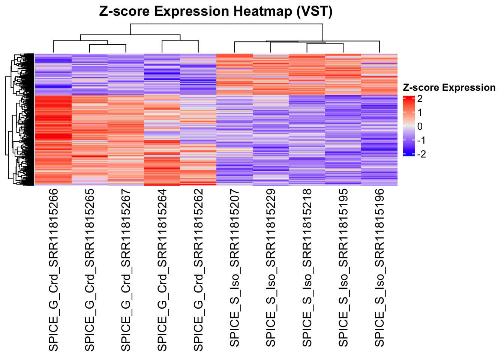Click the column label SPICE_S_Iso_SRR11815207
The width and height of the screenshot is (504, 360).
click(235, 268)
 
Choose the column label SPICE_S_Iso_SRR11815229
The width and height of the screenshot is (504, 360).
click(271, 268)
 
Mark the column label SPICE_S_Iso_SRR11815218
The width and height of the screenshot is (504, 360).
click(307, 268)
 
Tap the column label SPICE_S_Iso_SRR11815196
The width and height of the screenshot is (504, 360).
click(380, 268)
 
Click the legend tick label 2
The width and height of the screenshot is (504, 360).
click(420, 99)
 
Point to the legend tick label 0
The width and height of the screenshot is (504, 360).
click(420, 126)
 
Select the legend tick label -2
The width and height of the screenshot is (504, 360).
click(421, 154)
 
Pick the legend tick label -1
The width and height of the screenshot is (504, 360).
click(421, 140)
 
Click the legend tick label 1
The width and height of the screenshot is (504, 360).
click(420, 112)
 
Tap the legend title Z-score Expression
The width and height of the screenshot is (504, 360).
click(449, 87)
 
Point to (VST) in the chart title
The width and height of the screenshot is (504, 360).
click(314, 12)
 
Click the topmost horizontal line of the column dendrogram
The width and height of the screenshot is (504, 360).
click(226, 24)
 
